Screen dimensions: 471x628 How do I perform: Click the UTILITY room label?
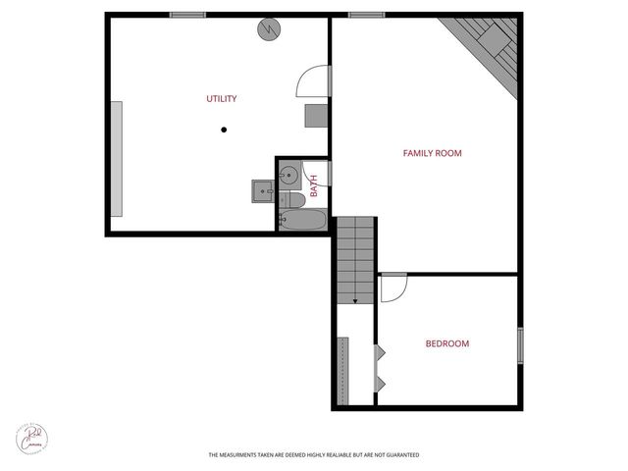pos(221,99)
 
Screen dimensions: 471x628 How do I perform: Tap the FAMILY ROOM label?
pos(432,153)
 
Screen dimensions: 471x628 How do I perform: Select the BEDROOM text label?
pos(446,343)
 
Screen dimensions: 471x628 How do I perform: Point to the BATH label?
pos(314,185)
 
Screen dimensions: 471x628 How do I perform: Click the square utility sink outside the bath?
pos(261,189)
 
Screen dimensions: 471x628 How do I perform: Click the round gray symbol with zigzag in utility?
pos(269,29)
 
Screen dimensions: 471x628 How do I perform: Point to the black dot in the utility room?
pos(224,129)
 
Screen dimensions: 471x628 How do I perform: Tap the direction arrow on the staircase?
pos(353,300)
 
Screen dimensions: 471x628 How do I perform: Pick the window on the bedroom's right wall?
pos(520,345)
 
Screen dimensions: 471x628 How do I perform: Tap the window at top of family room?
pos(365,15)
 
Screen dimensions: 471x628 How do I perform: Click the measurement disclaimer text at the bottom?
pos(313,455)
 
